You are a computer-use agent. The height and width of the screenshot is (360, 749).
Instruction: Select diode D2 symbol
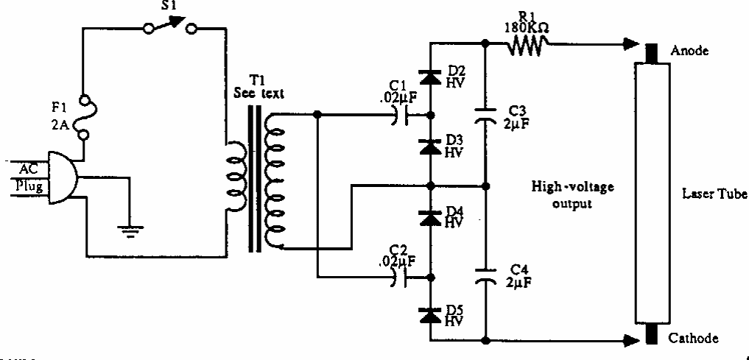[429, 77]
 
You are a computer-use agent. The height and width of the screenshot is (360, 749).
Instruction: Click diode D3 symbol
[429, 146]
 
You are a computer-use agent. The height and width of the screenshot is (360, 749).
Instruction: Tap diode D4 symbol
[429, 216]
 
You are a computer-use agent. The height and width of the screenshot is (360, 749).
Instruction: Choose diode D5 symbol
[429, 314]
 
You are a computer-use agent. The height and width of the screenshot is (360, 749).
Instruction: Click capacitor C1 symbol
[401, 114]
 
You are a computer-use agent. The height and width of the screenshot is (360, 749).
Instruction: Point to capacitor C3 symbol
[485, 114]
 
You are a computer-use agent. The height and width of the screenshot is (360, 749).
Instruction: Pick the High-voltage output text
[572, 195]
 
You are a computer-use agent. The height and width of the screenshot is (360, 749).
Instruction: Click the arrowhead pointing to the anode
[627, 46]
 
